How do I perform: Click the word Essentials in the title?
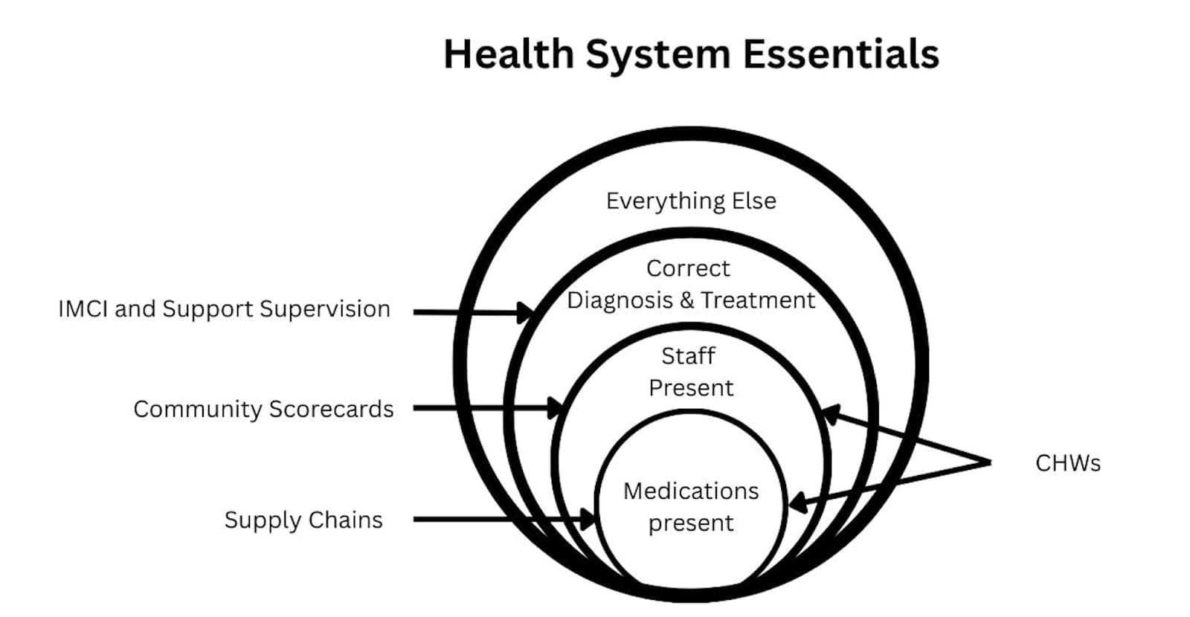click(x=840, y=54)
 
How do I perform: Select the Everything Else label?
click(x=691, y=201)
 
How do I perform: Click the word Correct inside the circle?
click(x=688, y=268)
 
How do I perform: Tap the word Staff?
click(x=688, y=356)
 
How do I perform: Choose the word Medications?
click(x=691, y=491)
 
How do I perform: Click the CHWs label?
click(x=1067, y=463)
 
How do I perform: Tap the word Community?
click(x=197, y=409)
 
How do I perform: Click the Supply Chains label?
click(x=303, y=520)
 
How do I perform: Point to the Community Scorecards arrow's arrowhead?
click(x=555, y=408)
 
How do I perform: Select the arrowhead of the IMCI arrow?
click(x=525, y=312)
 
